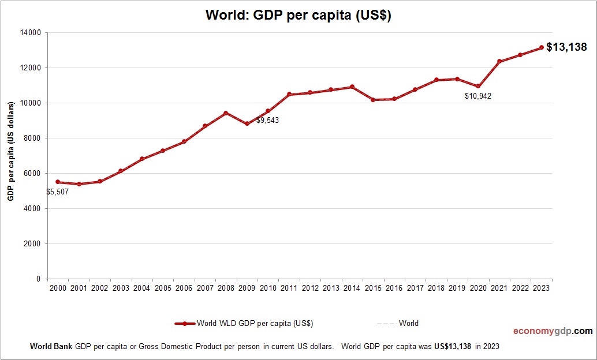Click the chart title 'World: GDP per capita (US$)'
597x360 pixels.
tap(298, 16)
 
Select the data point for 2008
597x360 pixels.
tap(226, 113)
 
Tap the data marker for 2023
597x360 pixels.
tap(542, 48)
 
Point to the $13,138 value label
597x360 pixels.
tap(566, 47)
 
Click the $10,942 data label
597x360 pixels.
tap(478, 96)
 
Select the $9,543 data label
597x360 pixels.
tap(267, 121)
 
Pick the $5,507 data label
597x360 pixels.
tap(58, 192)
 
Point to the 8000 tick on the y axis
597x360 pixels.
tap(33, 138)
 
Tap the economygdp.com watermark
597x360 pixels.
tap(553, 331)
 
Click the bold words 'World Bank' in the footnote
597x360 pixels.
tap(51, 347)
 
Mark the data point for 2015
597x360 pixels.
tap(373, 100)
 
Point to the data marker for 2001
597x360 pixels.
tap(79, 184)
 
